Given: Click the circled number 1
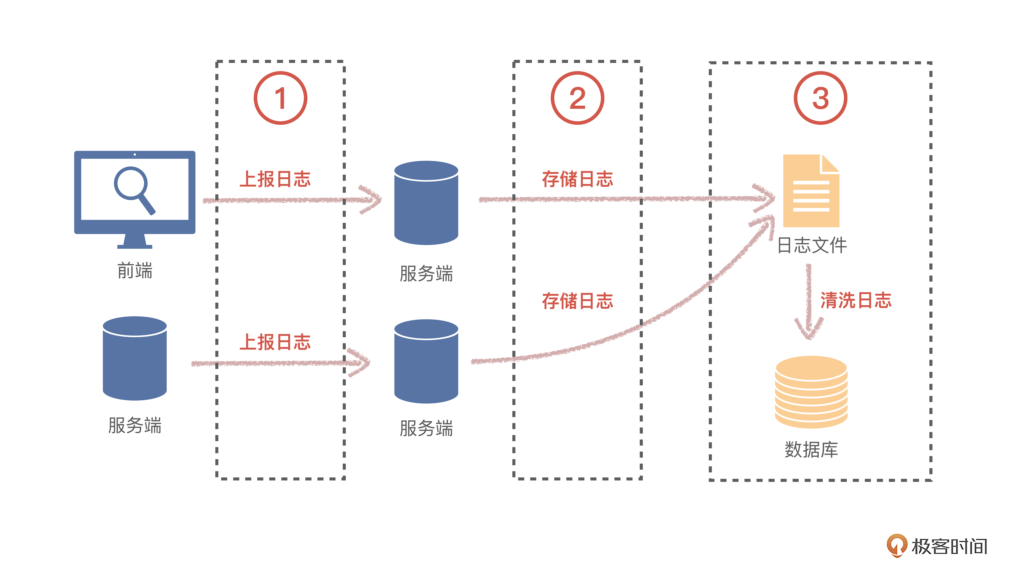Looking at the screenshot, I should click(280, 98).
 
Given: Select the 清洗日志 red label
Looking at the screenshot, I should click(856, 300).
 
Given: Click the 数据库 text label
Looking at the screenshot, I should click(811, 449).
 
